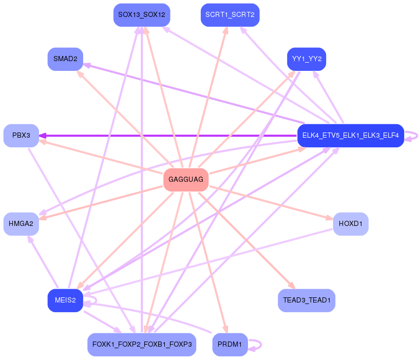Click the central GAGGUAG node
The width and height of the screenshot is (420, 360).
tap(186, 180)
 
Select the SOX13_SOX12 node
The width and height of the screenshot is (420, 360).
tap(141, 15)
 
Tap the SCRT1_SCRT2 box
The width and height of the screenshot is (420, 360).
tap(230, 15)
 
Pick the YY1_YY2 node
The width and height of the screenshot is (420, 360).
tap(307, 59)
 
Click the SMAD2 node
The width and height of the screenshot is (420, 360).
tap(65, 59)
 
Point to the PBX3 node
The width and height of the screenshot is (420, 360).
tap(21, 136)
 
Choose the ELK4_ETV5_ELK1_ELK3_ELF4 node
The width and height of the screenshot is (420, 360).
tap(350, 136)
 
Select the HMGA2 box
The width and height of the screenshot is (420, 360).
tap(21, 224)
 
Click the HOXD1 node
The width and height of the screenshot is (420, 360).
tap(351, 224)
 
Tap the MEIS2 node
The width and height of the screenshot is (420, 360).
tap(65, 300)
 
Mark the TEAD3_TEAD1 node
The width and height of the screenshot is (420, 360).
tap(307, 300)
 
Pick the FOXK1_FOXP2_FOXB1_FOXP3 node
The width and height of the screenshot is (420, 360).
tap(141, 344)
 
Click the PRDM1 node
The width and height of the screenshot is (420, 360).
tap(230, 344)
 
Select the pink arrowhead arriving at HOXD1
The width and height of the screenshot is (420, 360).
tap(329, 218)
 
